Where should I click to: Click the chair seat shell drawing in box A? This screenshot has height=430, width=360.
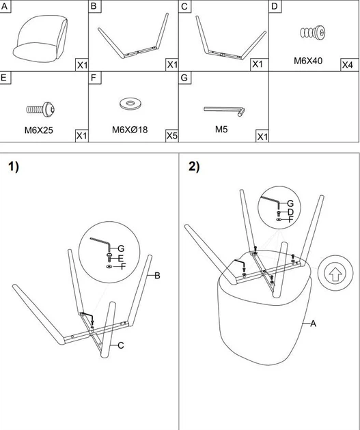[x=40, y=38]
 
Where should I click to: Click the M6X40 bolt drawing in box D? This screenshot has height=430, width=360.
[x=313, y=33]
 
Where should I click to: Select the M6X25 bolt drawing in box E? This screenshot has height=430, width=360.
[x=40, y=109]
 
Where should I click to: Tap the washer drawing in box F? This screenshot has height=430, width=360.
[x=130, y=103]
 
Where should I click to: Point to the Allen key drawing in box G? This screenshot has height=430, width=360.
[x=225, y=111]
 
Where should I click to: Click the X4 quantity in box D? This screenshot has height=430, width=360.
[x=347, y=65]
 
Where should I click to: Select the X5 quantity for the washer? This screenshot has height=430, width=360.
[x=171, y=135]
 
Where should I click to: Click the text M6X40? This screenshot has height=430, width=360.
[x=308, y=61]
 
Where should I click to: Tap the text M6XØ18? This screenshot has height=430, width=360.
[x=130, y=129]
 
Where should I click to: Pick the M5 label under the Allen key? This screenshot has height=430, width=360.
[x=221, y=129]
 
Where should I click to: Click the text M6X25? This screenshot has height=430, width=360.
[x=39, y=130]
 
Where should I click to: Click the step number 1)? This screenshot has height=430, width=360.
[x=14, y=167]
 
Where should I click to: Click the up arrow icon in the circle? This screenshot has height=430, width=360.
[x=335, y=274]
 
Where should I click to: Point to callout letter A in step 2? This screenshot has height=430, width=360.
[x=313, y=324]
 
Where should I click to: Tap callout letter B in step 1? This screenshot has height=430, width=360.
[x=157, y=276]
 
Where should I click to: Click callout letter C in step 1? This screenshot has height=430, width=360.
[x=121, y=345]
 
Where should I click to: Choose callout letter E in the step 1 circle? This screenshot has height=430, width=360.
[x=121, y=258]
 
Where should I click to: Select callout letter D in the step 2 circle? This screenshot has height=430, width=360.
[x=290, y=212]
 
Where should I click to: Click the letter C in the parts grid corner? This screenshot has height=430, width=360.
[x=184, y=6]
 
